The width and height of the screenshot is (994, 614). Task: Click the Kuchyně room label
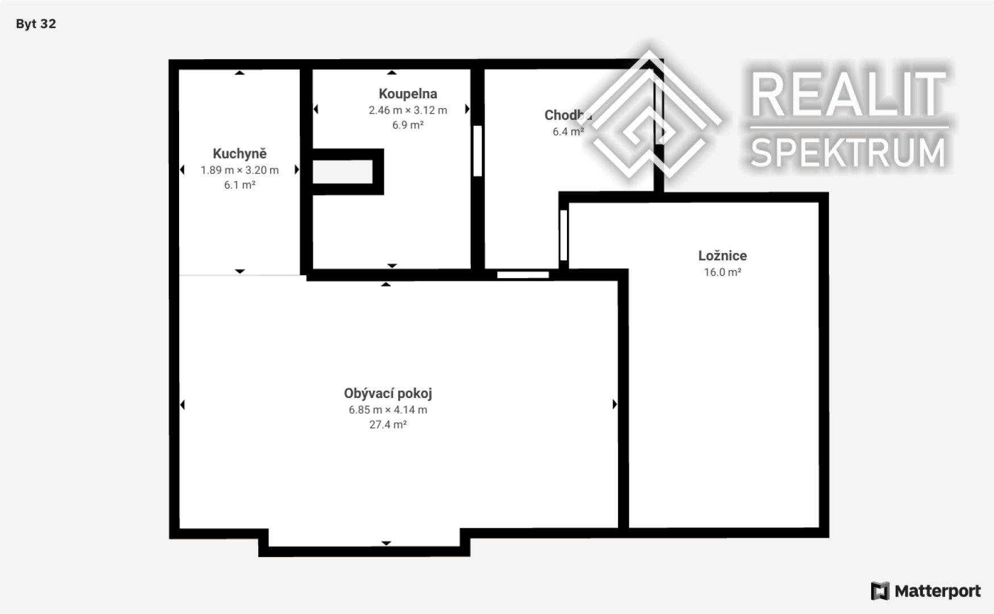[x=239, y=153]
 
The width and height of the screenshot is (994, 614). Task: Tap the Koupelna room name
[x=408, y=94]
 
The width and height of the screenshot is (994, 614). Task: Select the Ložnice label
[x=722, y=256]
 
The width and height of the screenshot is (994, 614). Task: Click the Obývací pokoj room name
[x=388, y=393]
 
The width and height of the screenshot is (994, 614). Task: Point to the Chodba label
[x=568, y=115]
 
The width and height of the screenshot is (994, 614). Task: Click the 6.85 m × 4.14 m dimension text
[x=388, y=410]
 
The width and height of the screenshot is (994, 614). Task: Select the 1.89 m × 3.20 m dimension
[x=239, y=170]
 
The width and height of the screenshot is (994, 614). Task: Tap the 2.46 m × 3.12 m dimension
[x=408, y=110]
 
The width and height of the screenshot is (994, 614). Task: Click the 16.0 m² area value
[x=722, y=272]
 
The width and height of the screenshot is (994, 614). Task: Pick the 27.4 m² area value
[x=388, y=425]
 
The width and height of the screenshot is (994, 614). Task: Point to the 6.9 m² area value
[x=408, y=125]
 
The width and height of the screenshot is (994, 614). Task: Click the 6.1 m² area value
[x=239, y=185]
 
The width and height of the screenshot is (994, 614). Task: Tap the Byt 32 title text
[x=36, y=24]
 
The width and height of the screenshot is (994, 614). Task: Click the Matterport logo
[x=926, y=591]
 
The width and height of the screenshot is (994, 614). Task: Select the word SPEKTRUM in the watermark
[x=848, y=152]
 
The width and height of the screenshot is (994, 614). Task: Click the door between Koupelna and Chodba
[x=478, y=151]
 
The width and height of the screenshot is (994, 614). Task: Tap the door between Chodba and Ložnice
[x=564, y=235]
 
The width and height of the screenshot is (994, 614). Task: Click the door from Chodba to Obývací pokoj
[x=523, y=275]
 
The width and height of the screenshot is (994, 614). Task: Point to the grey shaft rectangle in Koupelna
[x=343, y=172]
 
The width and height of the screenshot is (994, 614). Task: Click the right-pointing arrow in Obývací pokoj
[x=615, y=404]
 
